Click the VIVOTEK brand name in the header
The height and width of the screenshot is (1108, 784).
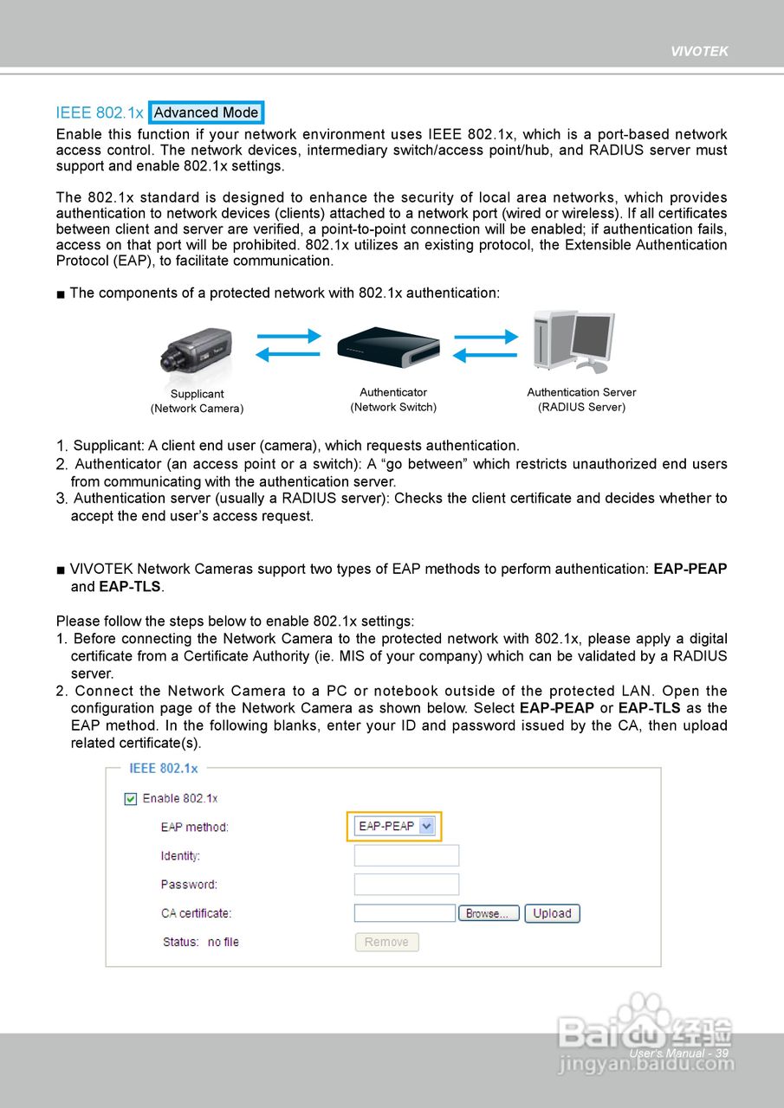(699, 51)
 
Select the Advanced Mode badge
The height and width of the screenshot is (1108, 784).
(206, 113)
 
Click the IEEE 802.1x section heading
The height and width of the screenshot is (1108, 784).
(100, 113)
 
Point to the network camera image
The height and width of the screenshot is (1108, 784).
(197, 354)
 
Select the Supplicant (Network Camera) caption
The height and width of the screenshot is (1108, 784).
(197, 401)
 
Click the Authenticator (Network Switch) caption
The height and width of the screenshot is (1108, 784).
(393, 400)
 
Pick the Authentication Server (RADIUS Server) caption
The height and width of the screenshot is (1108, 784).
(581, 400)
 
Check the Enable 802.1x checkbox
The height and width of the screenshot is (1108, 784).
(131, 798)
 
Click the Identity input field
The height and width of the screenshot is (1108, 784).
(406, 855)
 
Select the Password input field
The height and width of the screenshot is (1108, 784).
(406, 884)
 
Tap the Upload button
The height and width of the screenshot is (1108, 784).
(552, 913)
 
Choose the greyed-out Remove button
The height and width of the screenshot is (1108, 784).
(386, 942)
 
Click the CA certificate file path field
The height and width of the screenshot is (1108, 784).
(405, 913)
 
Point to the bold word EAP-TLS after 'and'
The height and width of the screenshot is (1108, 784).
(130, 587)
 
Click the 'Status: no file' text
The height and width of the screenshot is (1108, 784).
(201, 942)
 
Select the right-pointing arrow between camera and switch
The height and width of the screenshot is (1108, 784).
(288, 336)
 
